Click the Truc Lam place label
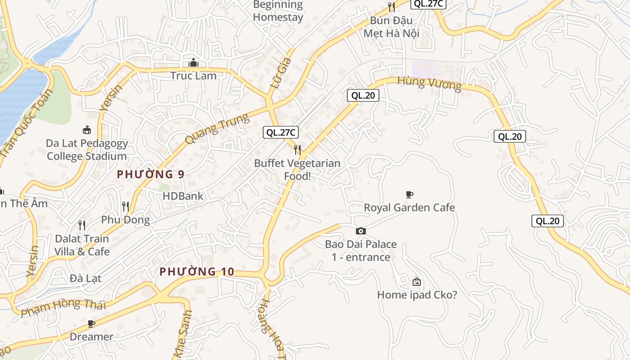(x=193, y=76)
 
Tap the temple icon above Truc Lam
(x=193, y=63)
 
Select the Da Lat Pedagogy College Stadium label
(x=87, y=150)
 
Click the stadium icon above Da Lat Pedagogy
(x=87, y=130)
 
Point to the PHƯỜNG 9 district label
(x=151, y=175)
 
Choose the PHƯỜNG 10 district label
(x=197, y=272)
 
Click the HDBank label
(x=183, y=196)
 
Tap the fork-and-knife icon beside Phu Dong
(x=126, y=207)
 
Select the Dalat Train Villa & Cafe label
(x=82, y=245)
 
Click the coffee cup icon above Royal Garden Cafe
(x=409, y=194)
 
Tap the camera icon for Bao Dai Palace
(x=361, y=231)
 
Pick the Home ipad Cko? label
(x=417, y=295)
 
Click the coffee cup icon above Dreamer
(x=91, y=324)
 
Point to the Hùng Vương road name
(x=430, y=84)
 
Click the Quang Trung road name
(x=217, y=129)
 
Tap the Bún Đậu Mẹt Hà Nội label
(x=391, y=27)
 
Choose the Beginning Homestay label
(x=278, y=11)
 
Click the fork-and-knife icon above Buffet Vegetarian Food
(x=297, y=149)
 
